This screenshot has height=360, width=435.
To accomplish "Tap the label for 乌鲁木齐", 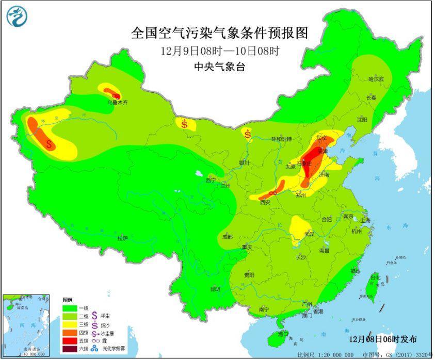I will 118,103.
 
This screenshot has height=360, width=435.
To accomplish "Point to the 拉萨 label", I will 123,238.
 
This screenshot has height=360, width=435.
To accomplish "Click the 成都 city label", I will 227,236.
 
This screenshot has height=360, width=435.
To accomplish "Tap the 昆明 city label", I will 215,289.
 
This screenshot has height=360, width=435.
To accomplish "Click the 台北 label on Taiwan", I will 375,278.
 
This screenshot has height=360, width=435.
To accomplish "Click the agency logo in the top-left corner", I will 16,17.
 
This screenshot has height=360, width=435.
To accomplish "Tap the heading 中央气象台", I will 219,66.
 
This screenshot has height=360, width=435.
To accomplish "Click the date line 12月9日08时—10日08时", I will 219,51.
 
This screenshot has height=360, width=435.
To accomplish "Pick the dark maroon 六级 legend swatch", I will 69,350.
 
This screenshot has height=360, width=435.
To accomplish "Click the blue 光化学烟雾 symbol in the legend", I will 94,350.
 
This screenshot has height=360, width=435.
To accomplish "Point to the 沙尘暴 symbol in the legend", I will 95,333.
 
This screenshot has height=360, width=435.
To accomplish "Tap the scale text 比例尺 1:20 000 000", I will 326,355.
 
